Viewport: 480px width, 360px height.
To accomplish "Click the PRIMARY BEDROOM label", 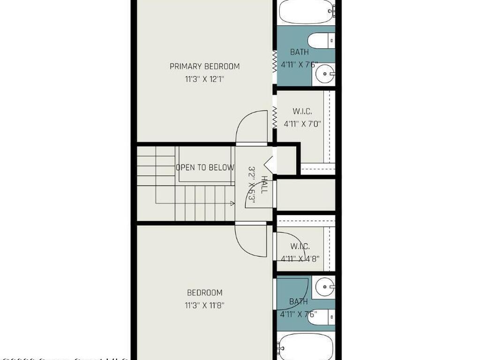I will coord(204,67).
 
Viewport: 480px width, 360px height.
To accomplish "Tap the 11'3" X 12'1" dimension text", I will coord(204,80).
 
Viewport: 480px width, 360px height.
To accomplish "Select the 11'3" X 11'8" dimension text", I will coord(204,306).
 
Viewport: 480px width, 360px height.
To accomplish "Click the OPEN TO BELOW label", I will coord(205,167).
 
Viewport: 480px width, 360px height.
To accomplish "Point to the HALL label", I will coord(264,185).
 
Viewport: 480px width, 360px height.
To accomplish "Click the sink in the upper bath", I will coord(324,73).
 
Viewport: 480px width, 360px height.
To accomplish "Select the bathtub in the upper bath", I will coord(306,12).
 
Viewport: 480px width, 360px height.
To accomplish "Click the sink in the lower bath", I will coord(324,286).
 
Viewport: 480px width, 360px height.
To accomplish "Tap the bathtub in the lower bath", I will coord(306,347).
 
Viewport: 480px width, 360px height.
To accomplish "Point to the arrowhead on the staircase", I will coord(232,203).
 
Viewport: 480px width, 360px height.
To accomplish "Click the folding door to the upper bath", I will coord(275,61).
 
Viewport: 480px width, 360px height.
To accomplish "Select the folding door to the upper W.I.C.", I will coord(275,117).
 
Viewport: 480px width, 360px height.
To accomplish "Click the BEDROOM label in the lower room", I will coord(204,292).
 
